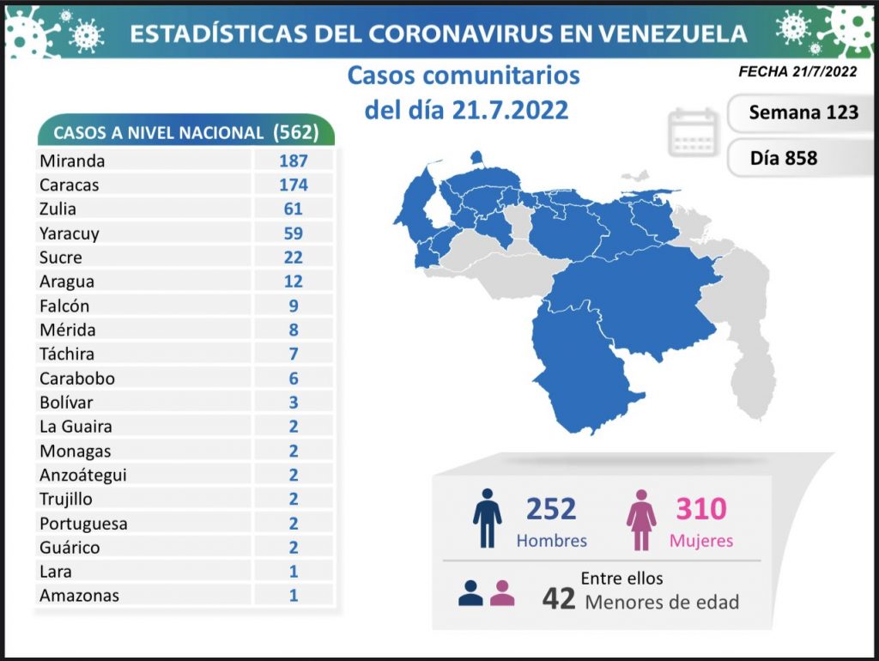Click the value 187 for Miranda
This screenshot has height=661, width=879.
click(294, 161)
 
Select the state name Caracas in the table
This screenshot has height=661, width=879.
click(70, 185)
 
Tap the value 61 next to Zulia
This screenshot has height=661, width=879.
click(294, 209)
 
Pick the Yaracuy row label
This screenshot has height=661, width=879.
click(70, 233)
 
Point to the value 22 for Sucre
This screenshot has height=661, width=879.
click(294, 257)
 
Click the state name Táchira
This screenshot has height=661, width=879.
click(67, 354)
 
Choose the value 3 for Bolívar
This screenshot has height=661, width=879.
click(294, 402)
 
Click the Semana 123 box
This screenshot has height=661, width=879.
click(803, 112)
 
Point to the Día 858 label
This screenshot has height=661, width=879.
click(783, 158)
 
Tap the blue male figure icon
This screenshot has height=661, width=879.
click(487, 518)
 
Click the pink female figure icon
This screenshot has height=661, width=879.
click(641, 518)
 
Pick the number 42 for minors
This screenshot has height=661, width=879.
click(558, 597)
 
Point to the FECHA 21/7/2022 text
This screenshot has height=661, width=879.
click(797, 72)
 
